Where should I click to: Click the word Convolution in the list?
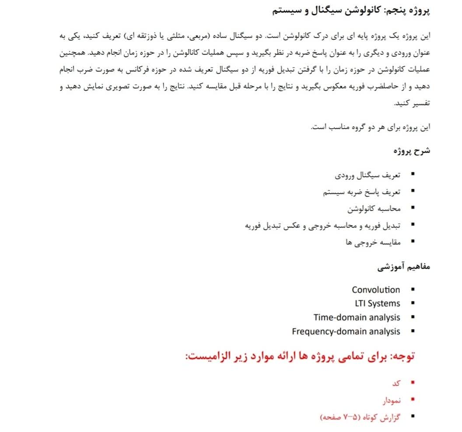(x=376, y=290)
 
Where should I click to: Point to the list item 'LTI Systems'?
(x=378, y=303)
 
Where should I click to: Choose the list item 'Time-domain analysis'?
(x=357, y=317)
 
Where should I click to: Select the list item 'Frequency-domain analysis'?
(x=346, y=331)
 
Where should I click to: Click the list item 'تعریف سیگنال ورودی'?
(x=368, y=176)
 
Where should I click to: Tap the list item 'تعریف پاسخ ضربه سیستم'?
(x=362, y=192)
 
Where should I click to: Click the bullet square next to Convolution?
(x=413, y=290)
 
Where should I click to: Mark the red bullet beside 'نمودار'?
(x=413, y=400)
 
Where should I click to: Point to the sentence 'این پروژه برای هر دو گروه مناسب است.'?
(x=371, y=128)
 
